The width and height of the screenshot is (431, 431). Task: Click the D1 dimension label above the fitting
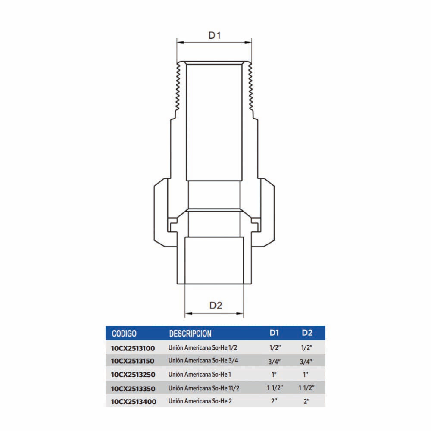pyautogui.click(x=214, y=35)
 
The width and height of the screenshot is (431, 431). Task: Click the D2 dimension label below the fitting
pyautogui.click(x=215, y=306)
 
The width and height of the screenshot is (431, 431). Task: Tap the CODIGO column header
pyautogui.click(x=124, y=334)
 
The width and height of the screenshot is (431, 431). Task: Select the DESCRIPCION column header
pyautogui.click(x=190, y=334)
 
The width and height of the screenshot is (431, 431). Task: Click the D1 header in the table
pyautogui.click(x=274, y=333)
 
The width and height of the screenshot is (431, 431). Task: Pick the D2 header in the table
pyautogui.click(x=307, y=333)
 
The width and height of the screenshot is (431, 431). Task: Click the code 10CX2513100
pyautogui.click(x=133, y=348)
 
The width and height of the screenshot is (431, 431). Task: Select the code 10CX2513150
pyautogui.click(x=132, y=361)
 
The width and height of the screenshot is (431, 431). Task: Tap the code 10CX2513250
pyautogui.click(x=133, y=375)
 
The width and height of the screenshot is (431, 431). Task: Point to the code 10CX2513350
pyautogui.click(x=133, y=389)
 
